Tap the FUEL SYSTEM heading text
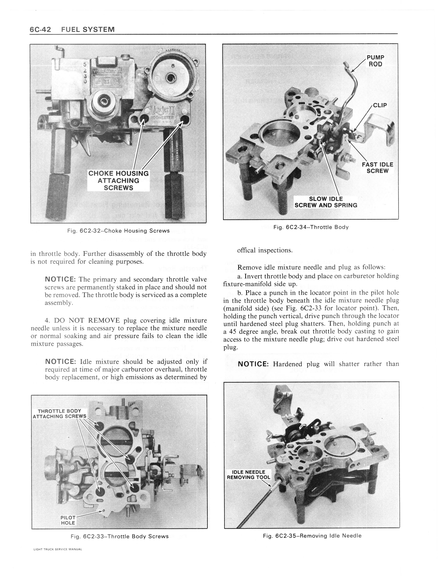[88, 29]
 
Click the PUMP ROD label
[375, 61]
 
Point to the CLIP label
[380, 105]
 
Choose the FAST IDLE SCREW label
[377, 168]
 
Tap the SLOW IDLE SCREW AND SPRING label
[326, 202]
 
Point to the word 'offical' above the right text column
[246, 250]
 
